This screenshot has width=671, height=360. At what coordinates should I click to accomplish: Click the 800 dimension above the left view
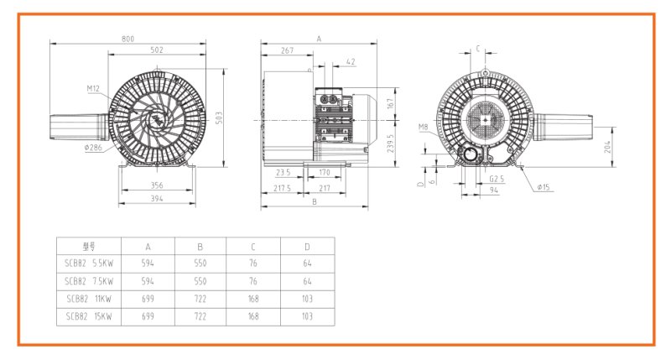coord(128,39)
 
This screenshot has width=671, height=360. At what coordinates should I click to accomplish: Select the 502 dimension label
coord(156,50)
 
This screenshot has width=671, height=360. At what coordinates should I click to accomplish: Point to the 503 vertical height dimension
coord(218,118)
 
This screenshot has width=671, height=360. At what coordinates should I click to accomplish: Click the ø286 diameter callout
coord(93,147)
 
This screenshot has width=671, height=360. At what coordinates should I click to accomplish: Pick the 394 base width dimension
coord(157,199)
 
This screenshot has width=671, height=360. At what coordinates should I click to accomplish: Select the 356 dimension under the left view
coord(157,185)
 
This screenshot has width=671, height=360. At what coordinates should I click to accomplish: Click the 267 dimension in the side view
coord(287,51)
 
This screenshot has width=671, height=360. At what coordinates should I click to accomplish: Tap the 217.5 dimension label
coord(283,189)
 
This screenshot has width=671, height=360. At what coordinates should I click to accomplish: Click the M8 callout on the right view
coord(425,128)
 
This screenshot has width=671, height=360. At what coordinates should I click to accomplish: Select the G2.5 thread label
coord(497,179)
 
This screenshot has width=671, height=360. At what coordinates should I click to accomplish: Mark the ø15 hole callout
coord(544,187)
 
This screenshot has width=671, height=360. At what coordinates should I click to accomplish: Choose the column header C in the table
coord(253,247)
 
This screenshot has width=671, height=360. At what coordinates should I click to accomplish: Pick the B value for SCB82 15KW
coord(200,316)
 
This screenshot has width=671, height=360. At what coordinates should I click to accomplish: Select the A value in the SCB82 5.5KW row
coord(148,263)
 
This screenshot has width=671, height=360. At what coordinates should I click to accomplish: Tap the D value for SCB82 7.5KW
coord(307,281)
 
